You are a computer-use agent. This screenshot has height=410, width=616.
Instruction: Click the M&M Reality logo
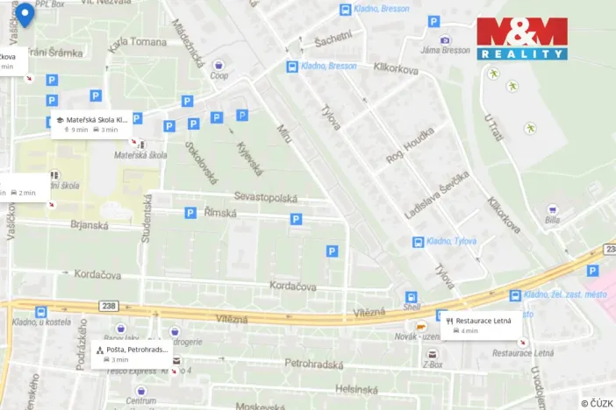[522, 39]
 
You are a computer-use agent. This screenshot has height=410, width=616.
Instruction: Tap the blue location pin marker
[25, 15]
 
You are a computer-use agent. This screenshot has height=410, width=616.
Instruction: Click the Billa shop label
[552, 221]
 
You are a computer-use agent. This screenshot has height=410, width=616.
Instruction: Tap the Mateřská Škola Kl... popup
[92, 124]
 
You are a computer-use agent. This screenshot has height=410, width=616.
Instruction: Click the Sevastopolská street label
[265, 197]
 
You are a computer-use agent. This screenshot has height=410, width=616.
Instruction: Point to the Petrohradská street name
[313, 362]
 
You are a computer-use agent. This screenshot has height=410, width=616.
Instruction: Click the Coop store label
[219, 75]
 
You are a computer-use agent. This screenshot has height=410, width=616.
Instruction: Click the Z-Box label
[433, 364]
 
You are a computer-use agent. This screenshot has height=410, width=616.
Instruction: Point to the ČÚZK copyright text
[597, 403]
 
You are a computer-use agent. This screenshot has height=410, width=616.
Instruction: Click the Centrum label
[140, 401]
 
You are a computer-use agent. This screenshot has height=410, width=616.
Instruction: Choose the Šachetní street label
[333, 38]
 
